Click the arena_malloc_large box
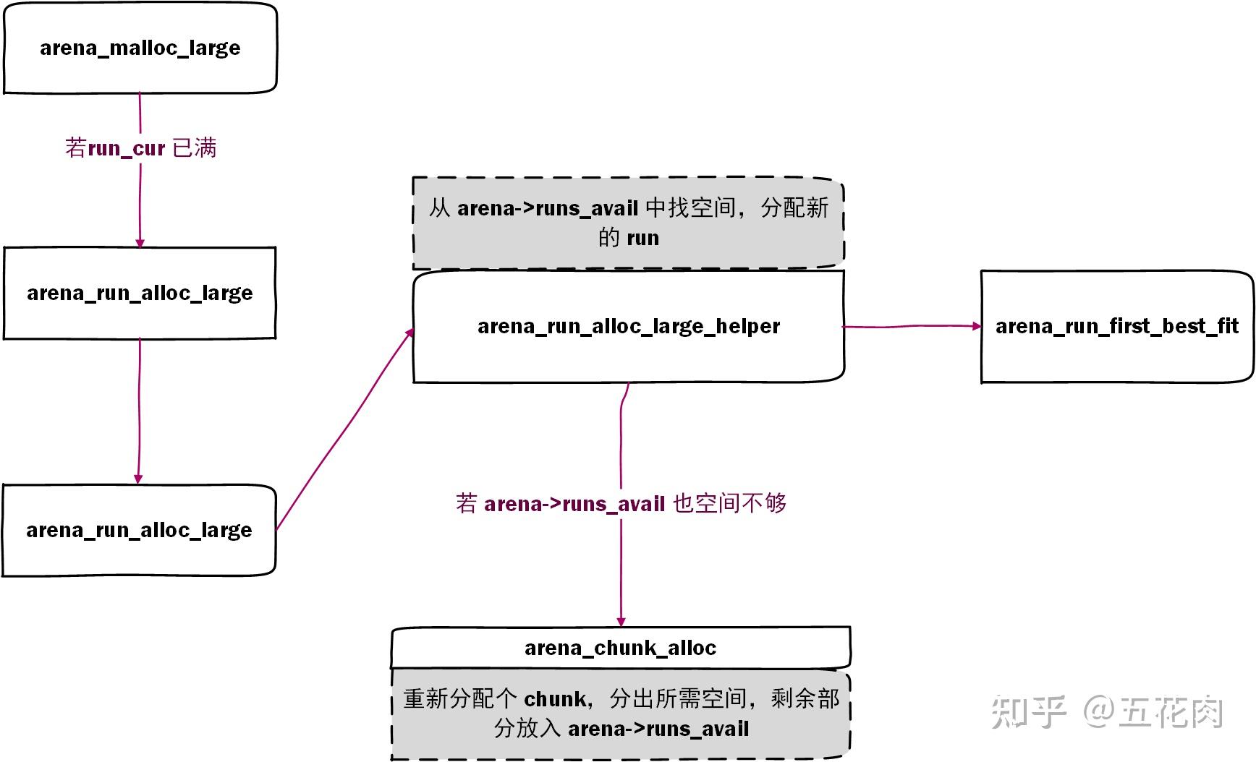(x=140, y=48)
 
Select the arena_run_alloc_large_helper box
(x=628, y=326)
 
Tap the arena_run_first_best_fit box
(x=1116, y=326)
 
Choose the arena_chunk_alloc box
(x=620, y=648)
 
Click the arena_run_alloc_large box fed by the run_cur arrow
(x=140, y=293)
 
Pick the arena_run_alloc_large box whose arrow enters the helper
(x=139, y=530)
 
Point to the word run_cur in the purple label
(x=127, y=148)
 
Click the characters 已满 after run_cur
(x=195, y=148)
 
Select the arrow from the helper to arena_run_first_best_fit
(x=912, y=327)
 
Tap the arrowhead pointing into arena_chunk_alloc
(x=621, y=621)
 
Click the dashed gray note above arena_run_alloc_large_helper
(x=628, y=223)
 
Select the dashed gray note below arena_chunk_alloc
(x=621, y=714)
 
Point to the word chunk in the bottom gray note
(x=555, y=699)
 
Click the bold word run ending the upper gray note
(x=643, y=238)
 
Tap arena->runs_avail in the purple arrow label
(x=574, y=503)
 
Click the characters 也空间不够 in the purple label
(x=729, y=503)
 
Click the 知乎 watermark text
(x=1028, y=711)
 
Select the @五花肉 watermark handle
(x=1153, y=711)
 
